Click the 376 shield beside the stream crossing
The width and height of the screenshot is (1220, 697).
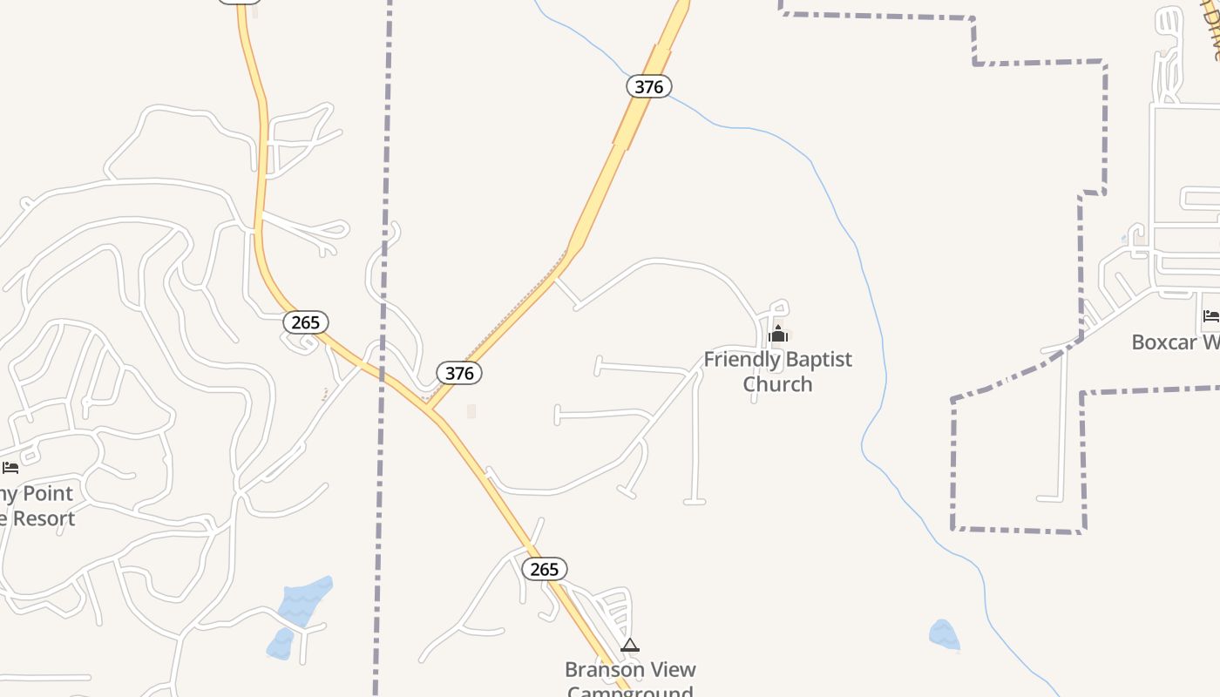coord(649,86)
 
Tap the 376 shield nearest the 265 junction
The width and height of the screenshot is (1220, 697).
coord(459,374)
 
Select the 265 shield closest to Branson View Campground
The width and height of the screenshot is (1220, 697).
coord(545,569)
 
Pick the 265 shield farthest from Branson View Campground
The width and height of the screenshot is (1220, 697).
coord(306,322)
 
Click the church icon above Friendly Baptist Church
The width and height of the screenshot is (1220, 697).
coord(778,334)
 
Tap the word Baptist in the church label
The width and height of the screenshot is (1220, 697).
coord(819,359)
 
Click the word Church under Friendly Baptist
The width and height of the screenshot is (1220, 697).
coord(777,384)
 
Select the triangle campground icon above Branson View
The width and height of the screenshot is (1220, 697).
coord(630,646)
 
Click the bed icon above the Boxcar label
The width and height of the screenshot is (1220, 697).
coord(1211,315)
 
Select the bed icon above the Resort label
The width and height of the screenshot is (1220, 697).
coord(10,468)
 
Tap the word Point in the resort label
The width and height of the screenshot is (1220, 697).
coord(48,494)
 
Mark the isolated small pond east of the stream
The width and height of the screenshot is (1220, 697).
coord(944,634)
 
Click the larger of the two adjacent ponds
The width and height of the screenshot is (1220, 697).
coord(306,600)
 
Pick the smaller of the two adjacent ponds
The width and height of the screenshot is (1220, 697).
coord(281,643)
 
